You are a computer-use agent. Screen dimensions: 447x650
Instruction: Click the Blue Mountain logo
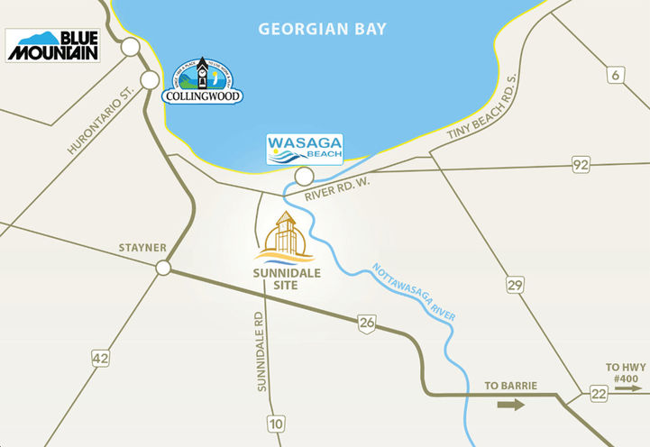[52, 45]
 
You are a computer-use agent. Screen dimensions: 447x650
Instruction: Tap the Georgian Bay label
[322, 30]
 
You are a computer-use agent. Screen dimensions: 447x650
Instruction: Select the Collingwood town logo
[203, 83]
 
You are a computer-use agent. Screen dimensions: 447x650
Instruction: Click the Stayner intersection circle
[163, 268]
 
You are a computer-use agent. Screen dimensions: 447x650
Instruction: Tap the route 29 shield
[516, 285]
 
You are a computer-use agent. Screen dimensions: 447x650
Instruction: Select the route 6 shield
[617, 77]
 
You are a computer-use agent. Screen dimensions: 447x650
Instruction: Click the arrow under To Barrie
[510, 405]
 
